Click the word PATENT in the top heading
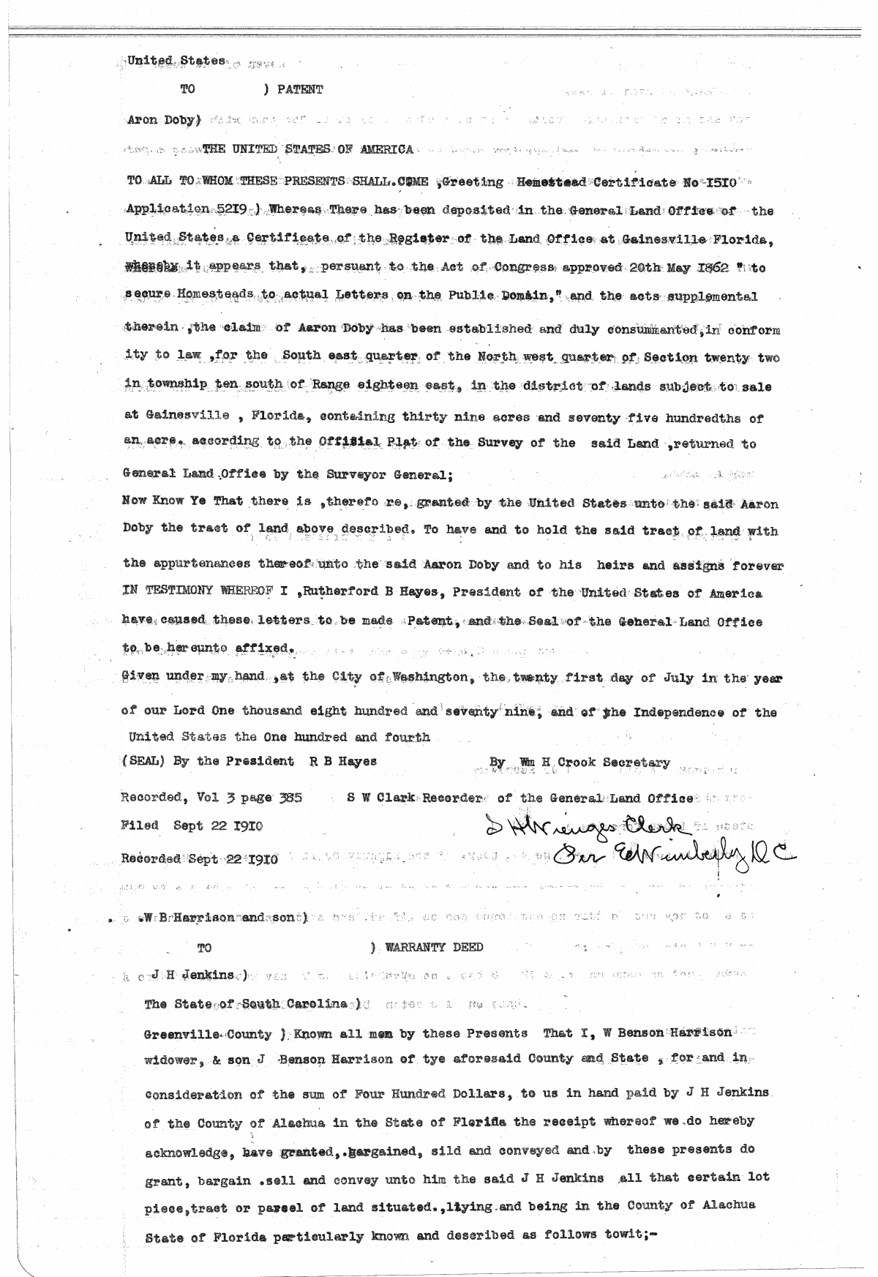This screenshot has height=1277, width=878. (x=300, y=90)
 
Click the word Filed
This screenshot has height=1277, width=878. (x=139, y=825)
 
